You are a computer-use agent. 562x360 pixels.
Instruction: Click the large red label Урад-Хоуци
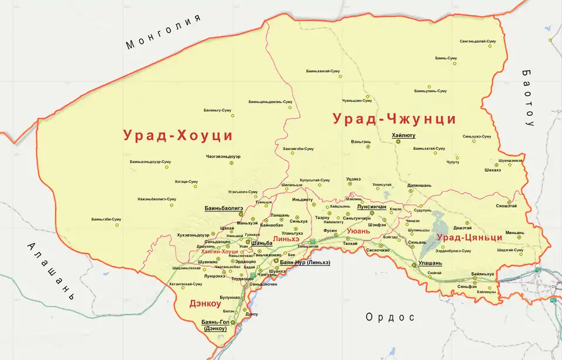178,135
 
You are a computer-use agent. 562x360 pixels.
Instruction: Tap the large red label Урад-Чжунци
394,119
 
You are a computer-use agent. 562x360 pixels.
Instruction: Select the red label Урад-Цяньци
469,237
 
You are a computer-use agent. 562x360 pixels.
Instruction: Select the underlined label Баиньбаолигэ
223,208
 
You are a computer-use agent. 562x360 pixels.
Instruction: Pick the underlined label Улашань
430,263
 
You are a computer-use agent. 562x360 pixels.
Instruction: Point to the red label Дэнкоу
204,304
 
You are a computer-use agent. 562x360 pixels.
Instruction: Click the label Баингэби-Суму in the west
106,219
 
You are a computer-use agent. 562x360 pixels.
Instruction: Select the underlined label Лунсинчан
371,207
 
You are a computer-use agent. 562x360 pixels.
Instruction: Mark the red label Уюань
359,231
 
